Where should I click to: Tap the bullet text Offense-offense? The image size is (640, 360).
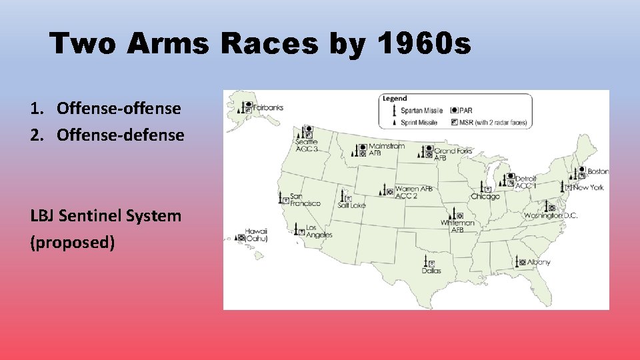pyautogui.click(x=119, y=107)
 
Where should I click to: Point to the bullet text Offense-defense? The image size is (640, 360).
pyautogui.click(x=120, y=135)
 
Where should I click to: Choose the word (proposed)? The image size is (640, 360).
pyautogui.click(x=73, y=242)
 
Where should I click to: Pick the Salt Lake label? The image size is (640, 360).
pyautogui.click(x=351, y=205)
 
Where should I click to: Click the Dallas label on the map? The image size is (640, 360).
pyautogui.click(x=431, y=271)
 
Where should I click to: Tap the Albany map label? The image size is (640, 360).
pyautogui.click(x=539, y=262)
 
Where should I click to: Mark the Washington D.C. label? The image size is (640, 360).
pyautogui.click(x=551, y=215)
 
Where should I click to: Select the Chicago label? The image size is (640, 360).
pyautogui.click(x=485, y=197)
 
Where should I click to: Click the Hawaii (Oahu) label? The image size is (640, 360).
pyautogui.click(x=256, y=235)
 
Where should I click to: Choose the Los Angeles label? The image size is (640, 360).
pyautogui.click(x=319, y=231)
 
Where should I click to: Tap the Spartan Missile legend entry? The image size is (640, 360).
pyautogui.click(x=421, y=110)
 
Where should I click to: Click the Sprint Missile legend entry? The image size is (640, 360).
pyautogui.click(x=419, y=122)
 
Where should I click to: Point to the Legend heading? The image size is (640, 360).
pyautogui.click(x=394, y=99)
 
